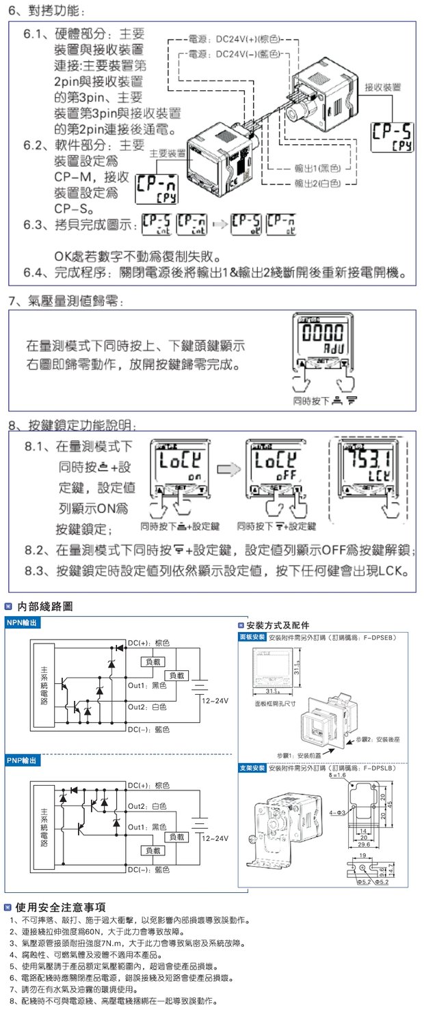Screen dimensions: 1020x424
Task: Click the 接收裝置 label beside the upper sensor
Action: (383, 88)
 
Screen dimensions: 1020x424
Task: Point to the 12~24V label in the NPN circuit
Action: (215, 701)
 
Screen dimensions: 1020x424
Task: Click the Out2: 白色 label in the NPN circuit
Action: (148, 706)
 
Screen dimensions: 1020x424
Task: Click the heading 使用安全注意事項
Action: (60, 907)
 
